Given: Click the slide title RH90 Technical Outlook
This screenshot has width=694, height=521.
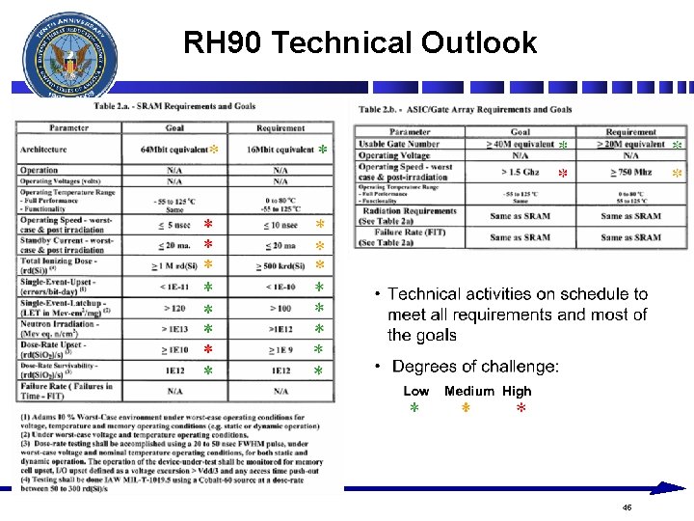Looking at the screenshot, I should [x=360, y=42].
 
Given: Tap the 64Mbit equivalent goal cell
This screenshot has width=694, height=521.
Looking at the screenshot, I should [x=173, y=150].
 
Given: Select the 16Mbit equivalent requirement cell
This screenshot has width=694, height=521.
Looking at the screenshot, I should [x=280, y=150].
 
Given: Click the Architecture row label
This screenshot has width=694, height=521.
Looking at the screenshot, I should [x=44, y=150].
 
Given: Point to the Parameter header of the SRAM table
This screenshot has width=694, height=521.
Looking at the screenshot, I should [x=69, y=127].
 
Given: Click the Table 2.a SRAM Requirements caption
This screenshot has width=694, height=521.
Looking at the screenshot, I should [x=174, y=106].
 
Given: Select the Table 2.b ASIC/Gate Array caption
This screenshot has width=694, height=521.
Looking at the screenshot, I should [x=466, y=109].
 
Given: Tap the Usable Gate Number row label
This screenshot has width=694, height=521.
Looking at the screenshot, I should [x=400, y=144].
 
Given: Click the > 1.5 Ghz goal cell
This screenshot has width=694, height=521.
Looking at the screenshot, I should [x=520, y=172].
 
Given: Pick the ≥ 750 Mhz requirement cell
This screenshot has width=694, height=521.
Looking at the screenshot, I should [x=630, y=172].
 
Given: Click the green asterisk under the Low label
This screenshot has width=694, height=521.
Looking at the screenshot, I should [x=414, y=409].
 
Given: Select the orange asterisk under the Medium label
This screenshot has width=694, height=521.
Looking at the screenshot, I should [x=465, y=409].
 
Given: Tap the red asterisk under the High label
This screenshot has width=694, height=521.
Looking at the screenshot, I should [x=520, y=409].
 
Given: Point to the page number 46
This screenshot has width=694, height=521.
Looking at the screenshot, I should [x=627, y=506].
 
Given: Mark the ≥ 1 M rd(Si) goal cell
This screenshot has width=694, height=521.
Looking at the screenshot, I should [x=173, y=265].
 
